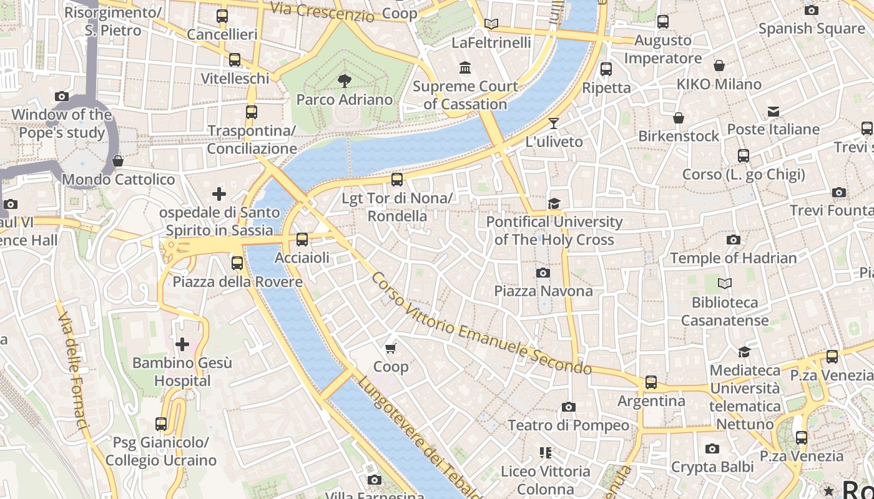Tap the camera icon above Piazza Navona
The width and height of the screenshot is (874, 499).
[x=543, y=273]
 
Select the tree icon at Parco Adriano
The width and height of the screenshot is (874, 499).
[x=344, y=80]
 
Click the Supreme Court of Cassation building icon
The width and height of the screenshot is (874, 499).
[x=465, y=67]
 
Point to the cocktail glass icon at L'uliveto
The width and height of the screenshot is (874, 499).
[x=553, y=123]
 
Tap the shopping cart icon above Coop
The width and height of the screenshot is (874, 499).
[x=391, y=348]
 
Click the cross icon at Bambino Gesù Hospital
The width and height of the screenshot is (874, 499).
[x=182, y=344]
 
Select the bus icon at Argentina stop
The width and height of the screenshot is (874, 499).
[x=651, y=382]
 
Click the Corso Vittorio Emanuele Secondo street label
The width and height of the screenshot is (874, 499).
[x=481, y=323]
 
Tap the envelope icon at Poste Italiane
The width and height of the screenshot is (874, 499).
[x=773, y=112]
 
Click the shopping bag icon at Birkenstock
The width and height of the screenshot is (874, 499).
[x=679, y=118]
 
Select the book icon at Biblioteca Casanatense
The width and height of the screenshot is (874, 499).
[x=724, y=284]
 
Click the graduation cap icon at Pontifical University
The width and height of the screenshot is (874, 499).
[x=554, y=203]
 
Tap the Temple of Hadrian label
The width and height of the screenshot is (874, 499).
[x=733, y=258]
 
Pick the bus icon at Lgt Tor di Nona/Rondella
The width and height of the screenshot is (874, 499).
[x=397, y=180]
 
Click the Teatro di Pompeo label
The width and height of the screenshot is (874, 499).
[x=568, y=425]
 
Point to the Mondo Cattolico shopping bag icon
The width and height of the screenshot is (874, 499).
[x=118, y=162]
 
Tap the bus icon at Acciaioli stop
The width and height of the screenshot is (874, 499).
[x=302, y=239]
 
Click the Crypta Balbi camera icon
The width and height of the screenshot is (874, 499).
[x=712, y=448]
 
